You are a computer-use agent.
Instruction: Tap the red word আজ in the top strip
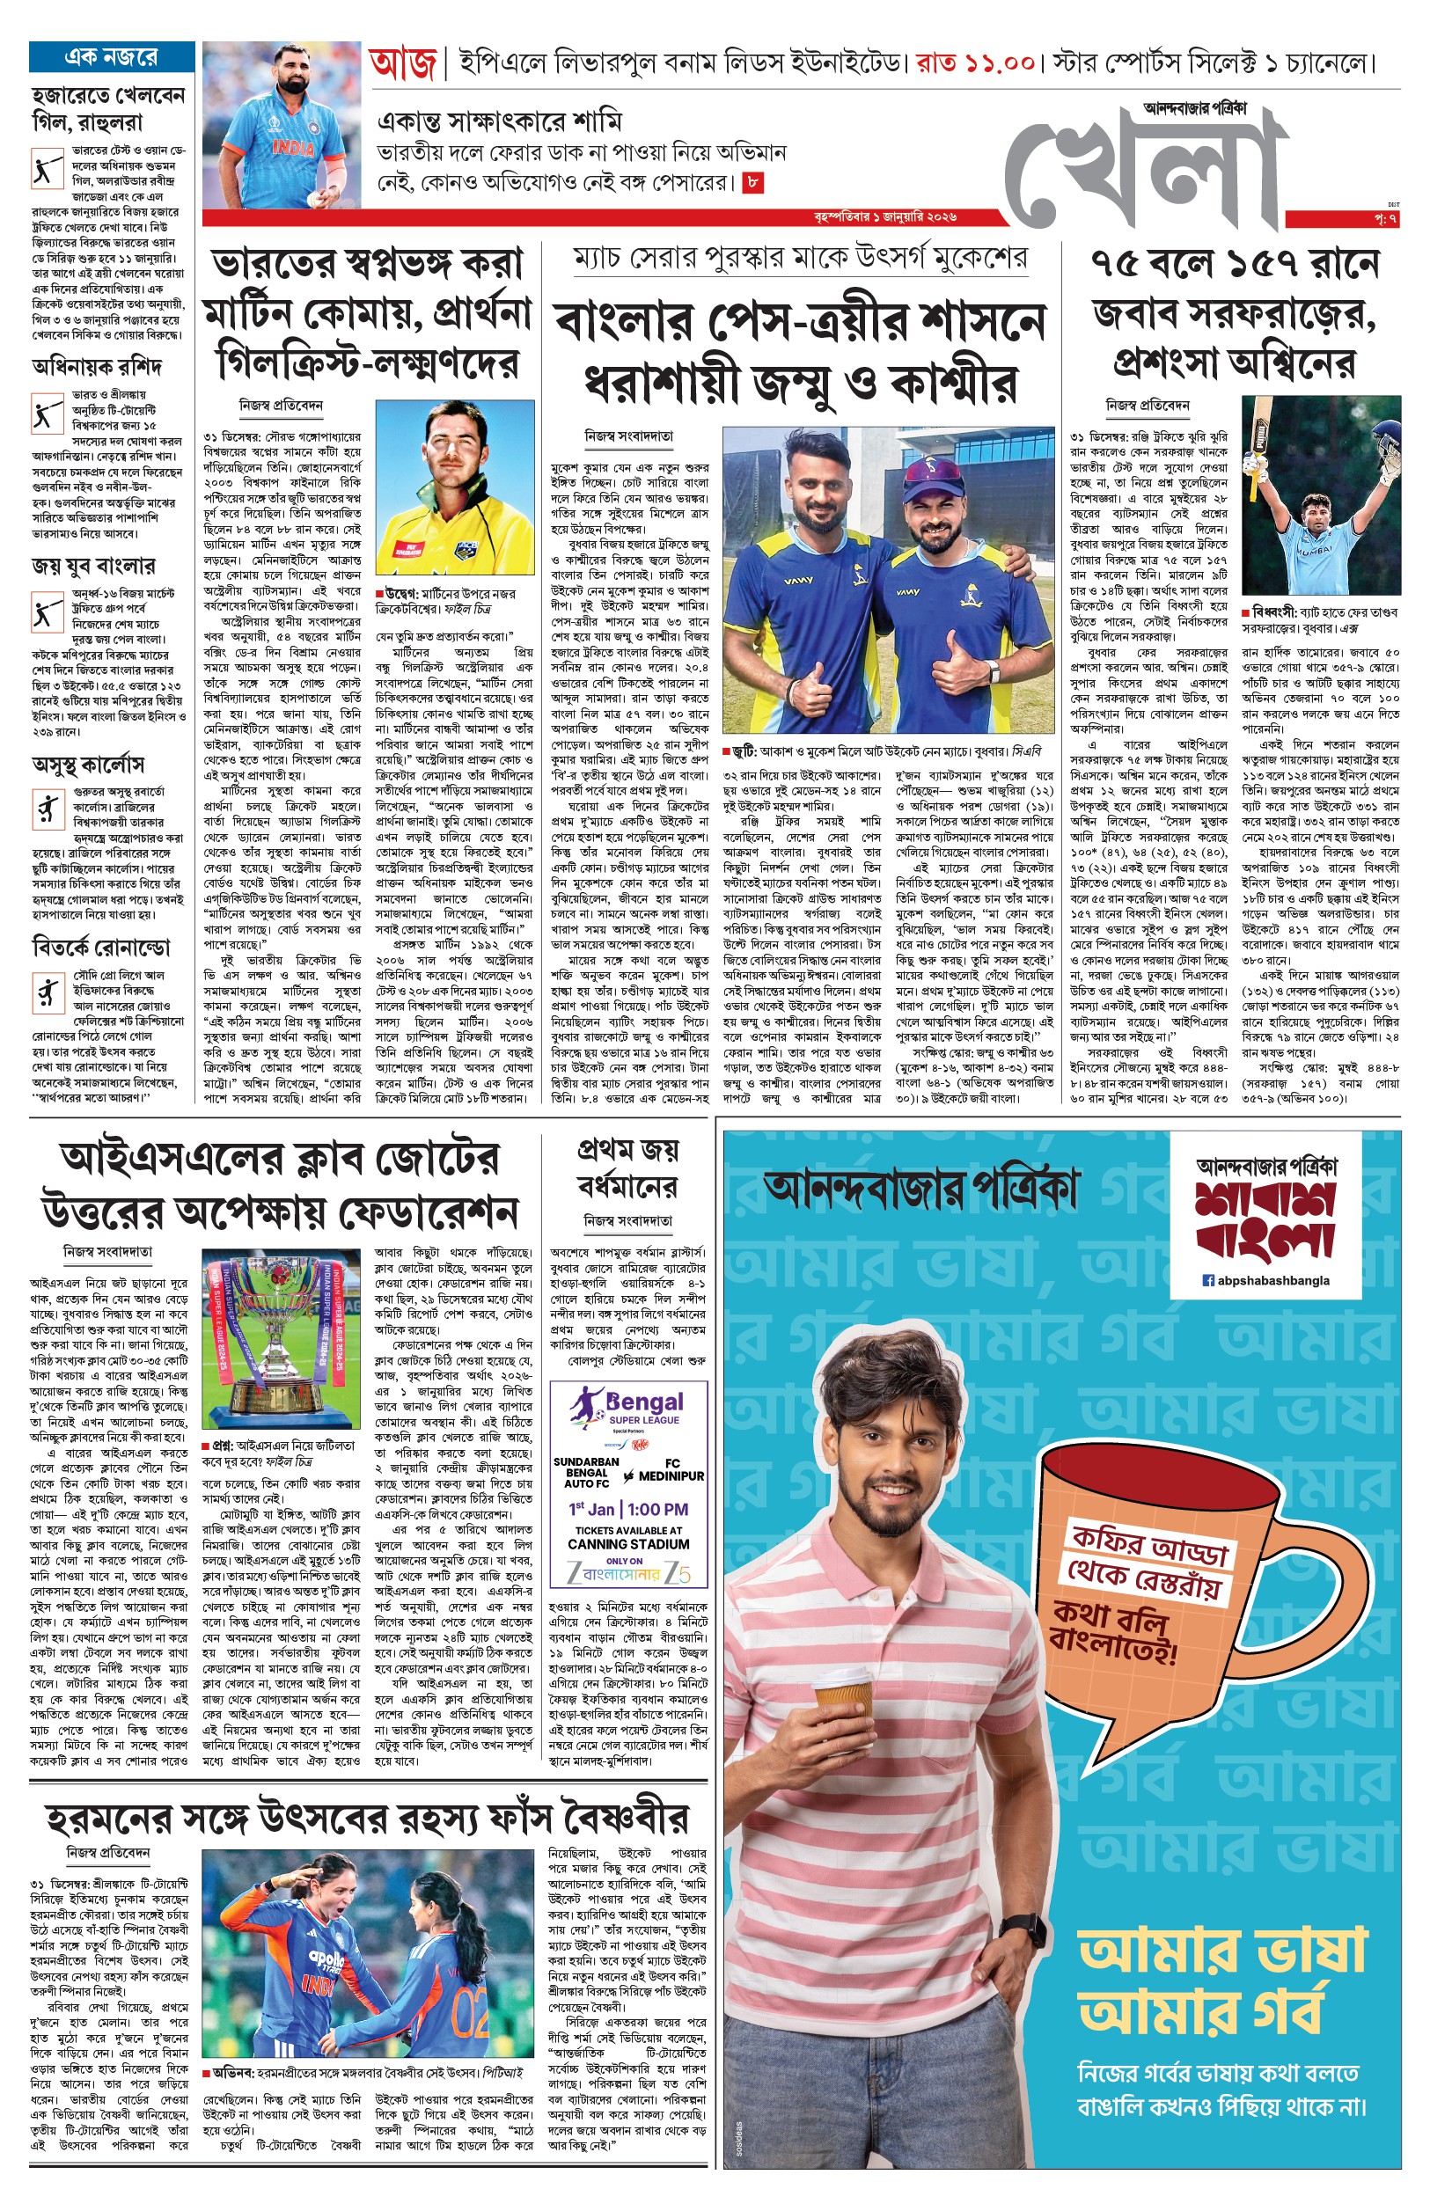coord(402,64)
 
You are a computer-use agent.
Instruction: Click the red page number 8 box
coord(753,183)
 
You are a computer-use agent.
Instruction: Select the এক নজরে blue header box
coord(112,56)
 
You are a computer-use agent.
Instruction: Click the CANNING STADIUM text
coord(628,1545)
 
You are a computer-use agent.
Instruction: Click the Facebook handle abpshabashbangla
coord(1265,1280)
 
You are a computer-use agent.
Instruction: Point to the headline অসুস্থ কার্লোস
coord(88,765)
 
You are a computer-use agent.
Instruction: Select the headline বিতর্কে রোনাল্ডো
coord(101,948)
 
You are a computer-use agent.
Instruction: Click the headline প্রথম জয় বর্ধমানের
coord(627,1168)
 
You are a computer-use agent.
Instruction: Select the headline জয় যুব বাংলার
coord(94,565)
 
